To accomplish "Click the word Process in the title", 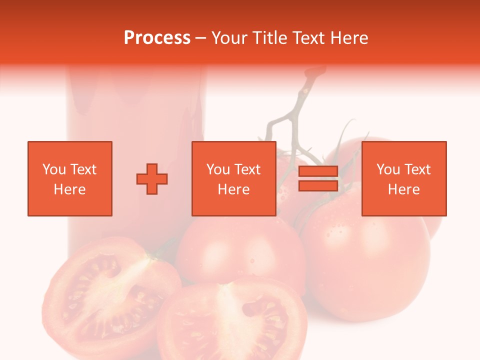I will click(157, 38).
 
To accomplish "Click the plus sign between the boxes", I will click(152, 179).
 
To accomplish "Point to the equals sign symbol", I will click(318, 179).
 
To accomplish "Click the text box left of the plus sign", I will click(69, 178).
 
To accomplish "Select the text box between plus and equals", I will click(233, 178).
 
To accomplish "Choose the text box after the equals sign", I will click(403, 178).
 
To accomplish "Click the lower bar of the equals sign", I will click(318, 185).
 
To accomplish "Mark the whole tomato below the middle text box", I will click(240, 250).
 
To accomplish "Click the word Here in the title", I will click(348, 38).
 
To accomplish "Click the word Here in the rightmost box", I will click(403, 189).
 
